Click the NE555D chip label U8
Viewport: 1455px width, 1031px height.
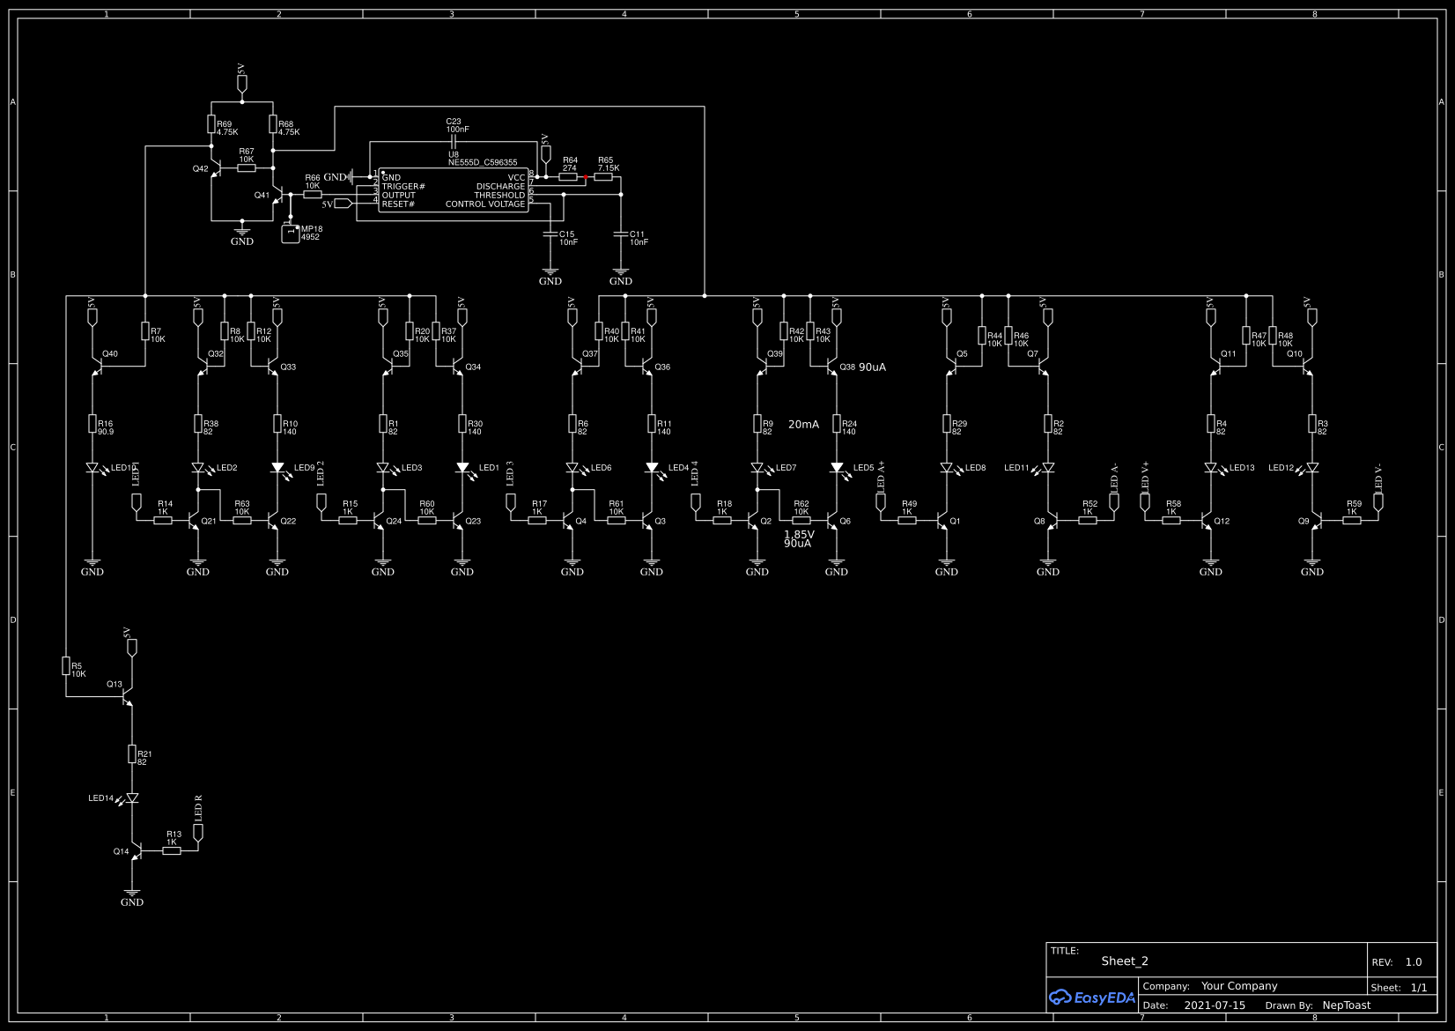point(454,155)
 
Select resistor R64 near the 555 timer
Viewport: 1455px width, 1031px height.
point(568,176)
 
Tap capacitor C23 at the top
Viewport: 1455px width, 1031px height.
point(454,141)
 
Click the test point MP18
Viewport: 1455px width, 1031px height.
point(290,233)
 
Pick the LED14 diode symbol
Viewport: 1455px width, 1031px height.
point(132,798)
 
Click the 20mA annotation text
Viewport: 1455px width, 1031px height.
point(803,425)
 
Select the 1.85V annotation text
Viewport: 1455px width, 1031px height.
point(799,534)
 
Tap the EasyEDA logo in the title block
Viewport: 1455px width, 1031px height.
point(1092,998)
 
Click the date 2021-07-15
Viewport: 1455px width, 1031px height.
point(1215,1005)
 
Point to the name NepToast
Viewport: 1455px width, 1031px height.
point(1347,1005)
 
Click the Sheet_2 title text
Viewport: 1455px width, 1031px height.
point(1125,961)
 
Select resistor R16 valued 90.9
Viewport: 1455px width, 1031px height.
point(92,424)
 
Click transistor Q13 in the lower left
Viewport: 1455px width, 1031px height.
point(126,695)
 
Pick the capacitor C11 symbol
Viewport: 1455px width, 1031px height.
point(621,234)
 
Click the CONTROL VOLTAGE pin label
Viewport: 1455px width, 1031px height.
point(485,204)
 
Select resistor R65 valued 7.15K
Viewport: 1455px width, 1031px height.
point(603,176)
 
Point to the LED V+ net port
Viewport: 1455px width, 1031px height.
point(1145,501)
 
